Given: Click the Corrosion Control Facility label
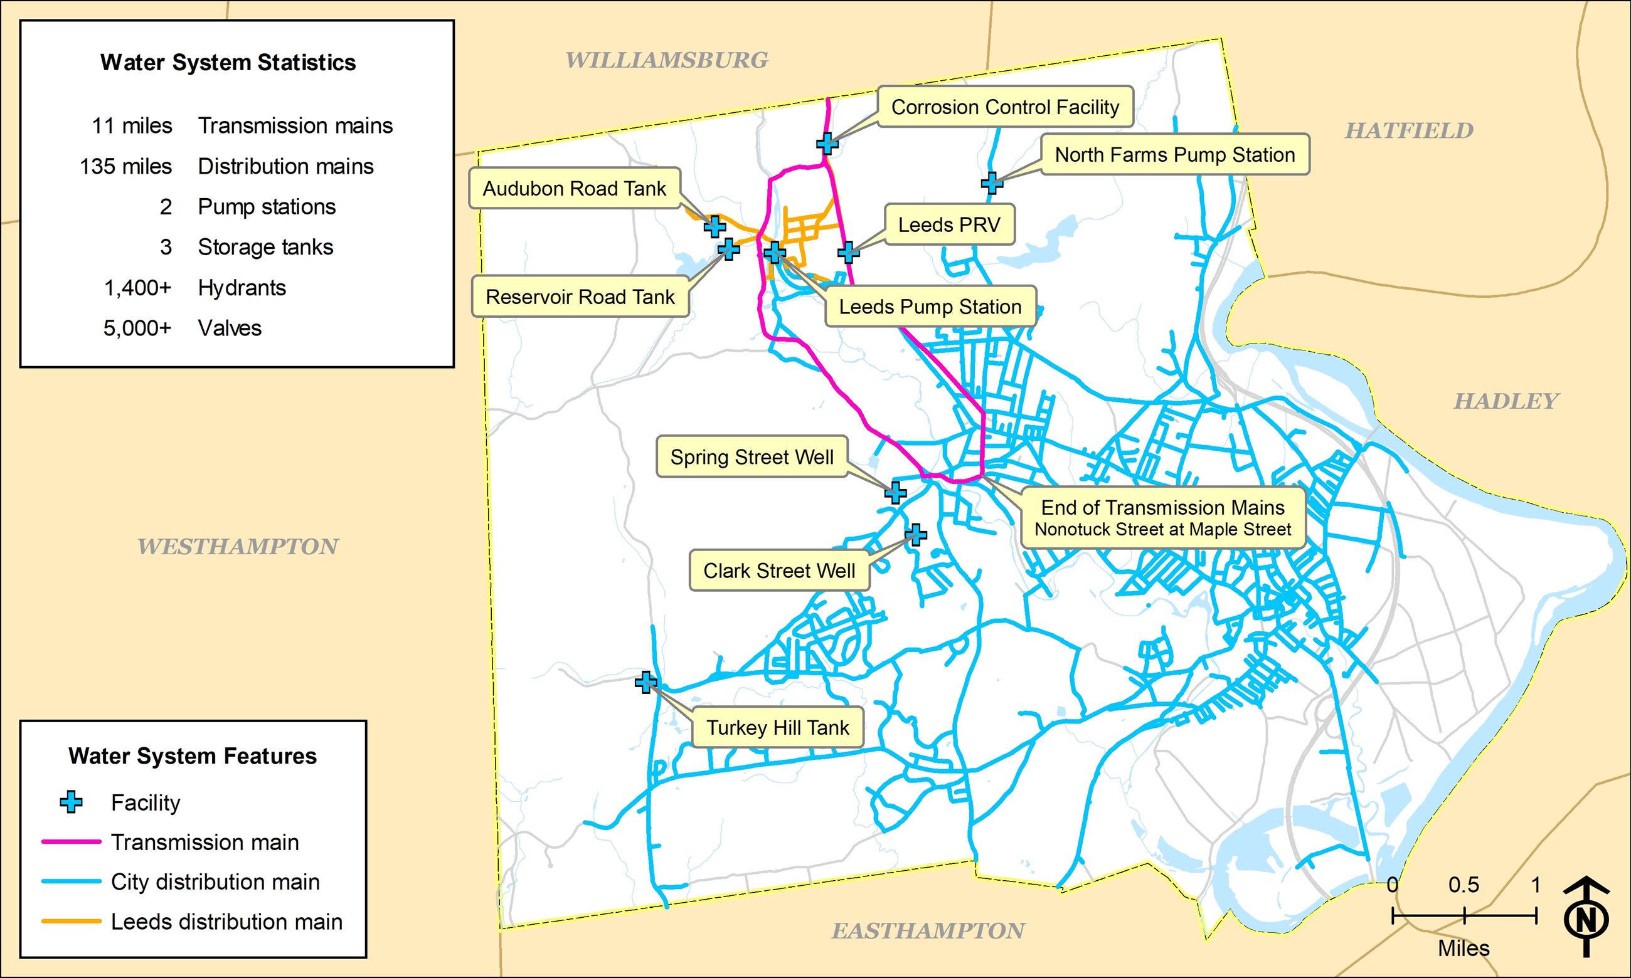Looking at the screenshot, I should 1005,107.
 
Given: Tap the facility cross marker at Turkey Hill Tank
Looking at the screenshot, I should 646,682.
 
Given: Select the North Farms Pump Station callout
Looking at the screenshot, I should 1175,155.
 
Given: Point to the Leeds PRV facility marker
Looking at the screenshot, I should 849,251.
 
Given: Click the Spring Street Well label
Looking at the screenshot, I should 752,456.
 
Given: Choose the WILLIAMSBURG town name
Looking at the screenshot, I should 666,60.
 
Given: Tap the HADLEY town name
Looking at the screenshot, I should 1506,401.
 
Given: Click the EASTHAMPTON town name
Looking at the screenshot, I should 928,930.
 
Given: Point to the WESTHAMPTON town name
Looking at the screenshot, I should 237,546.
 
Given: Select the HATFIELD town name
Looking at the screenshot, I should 1409,130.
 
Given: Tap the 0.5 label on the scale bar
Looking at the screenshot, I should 1464,885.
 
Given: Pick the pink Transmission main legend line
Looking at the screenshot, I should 72,842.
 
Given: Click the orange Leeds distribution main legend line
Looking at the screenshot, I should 72,922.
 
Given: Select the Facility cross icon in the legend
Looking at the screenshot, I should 72,802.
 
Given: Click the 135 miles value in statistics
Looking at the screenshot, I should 126,166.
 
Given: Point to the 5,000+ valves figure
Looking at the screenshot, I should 137,329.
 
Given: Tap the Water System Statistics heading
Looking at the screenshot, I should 228,63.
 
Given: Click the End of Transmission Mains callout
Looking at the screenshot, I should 1162,517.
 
